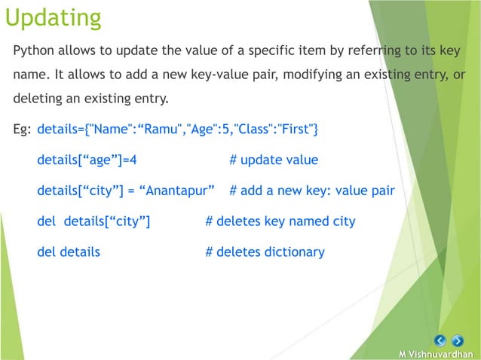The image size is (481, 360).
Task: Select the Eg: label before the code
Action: click(23, 130)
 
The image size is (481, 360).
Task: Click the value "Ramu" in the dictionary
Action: click(166, 130)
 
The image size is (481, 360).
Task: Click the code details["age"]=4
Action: click(87, 160)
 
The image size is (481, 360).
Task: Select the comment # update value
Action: click(273, 160)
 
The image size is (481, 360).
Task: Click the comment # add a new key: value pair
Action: click(311, 191)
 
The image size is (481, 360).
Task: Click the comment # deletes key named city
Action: click(280, 221)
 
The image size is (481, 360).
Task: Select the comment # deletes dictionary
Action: click(265, 252)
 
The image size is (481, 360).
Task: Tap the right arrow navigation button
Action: click(458, 340)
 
